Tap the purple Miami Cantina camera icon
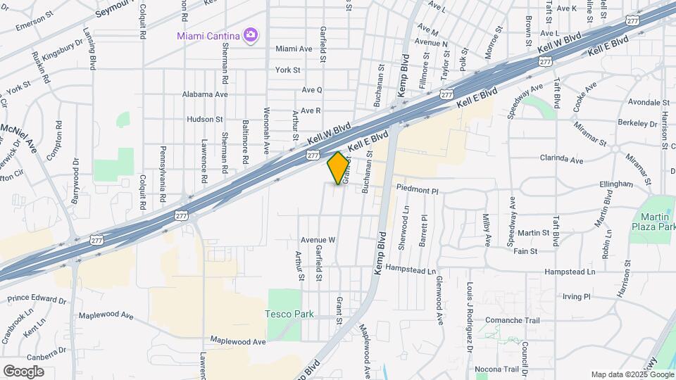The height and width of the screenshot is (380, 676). (249, 34)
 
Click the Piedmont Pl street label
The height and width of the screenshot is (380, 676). (417, 190)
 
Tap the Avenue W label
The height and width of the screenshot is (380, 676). (317, 240)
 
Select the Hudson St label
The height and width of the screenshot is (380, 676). (204, 120)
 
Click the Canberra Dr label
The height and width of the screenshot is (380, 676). (43, 350)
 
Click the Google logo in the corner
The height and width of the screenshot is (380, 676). (23, 371)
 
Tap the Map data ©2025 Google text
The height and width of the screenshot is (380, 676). (632, 374)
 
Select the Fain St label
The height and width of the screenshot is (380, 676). (525, 251)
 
